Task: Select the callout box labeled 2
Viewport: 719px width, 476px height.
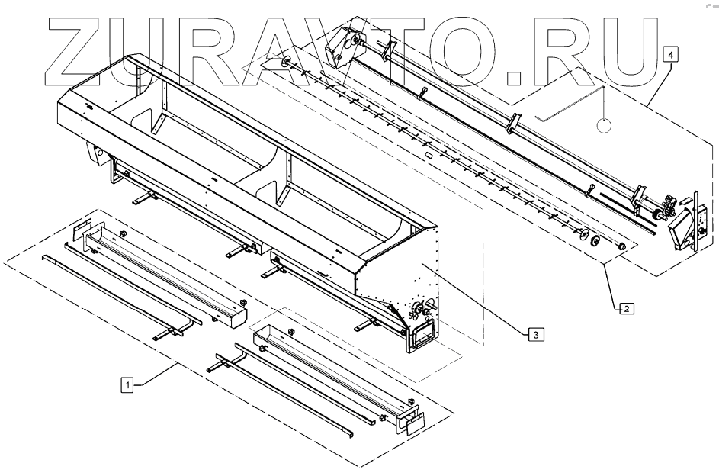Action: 625,309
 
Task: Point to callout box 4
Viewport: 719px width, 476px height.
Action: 669,55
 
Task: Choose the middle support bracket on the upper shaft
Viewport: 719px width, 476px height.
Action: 512,121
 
